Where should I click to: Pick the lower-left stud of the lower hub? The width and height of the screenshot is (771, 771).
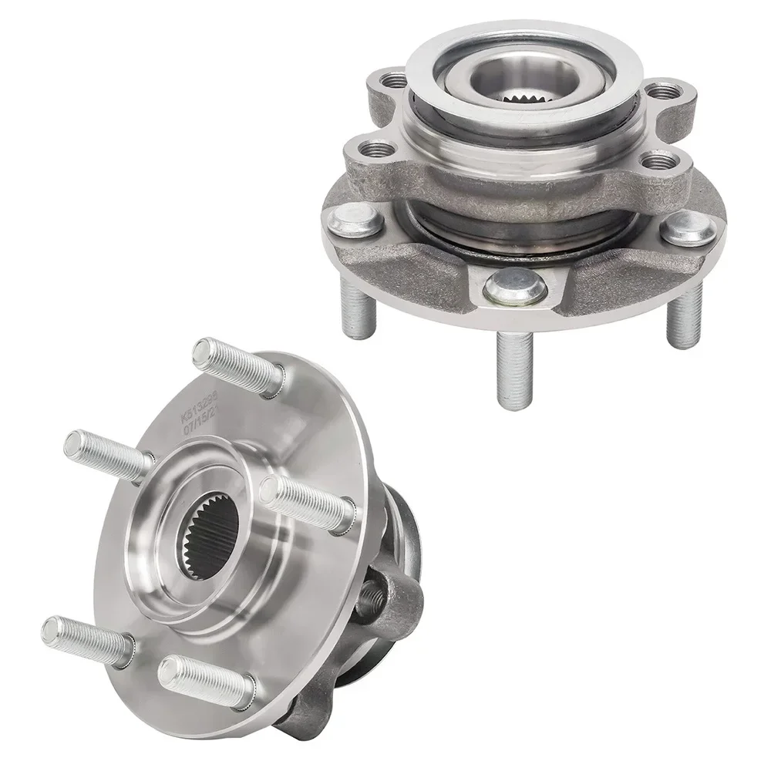85,640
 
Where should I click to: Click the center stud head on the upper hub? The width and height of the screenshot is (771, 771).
515,286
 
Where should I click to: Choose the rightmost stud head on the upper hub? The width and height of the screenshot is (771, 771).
689,227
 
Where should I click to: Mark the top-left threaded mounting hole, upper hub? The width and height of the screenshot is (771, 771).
395,79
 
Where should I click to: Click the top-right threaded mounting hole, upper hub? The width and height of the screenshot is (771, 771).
662,91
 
